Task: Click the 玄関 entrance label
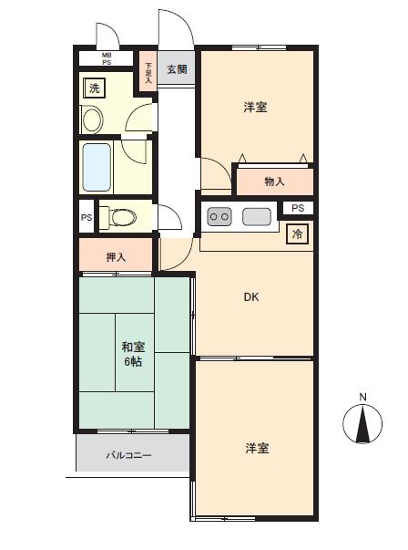point(177,69)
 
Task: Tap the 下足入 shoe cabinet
point(148,71)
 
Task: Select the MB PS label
point(107,59)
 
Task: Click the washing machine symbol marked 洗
point(94,88)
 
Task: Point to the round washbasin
point(93,119)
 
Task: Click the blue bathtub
point(97,167)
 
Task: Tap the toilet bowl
point(118,216)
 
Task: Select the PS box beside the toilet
point(87,217)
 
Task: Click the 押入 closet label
point(116,257)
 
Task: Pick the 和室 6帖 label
point(133,354)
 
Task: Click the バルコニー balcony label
point(129,455)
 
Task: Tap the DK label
point(251,297)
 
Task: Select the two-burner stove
point(219,216)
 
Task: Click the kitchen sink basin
point(257,216)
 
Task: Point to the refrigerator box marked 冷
point(297,233)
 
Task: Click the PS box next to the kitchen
point(298,208)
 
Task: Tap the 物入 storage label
point(274,182)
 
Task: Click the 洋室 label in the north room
point(256,107)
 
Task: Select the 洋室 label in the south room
point(257,448)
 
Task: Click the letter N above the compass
point(362,397)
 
